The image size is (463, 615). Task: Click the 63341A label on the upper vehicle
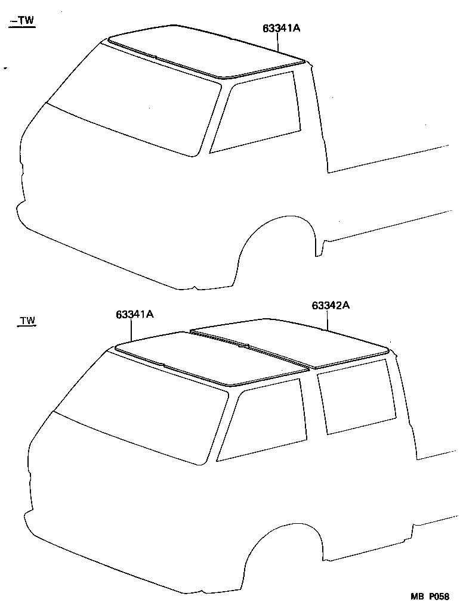point(280,27)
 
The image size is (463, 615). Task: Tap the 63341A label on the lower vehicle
point(135,314)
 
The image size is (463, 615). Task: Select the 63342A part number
point(330,306)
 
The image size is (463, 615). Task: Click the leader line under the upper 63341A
point(278,42)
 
